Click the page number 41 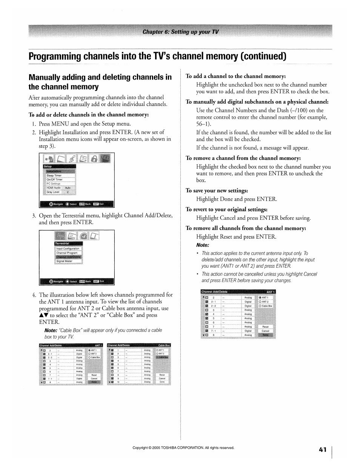pyautogui.click(x=322, y=449)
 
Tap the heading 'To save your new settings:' pyautogui.click(x=217, y=191)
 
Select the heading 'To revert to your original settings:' pyautogui.click(x=226, y=209)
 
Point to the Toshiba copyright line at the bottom pyautogui.click(x=183, y=448)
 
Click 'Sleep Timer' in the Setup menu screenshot pyautogui.click(x=54, y=175)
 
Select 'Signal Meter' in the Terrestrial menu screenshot pyautogui.click(x=64, y=261)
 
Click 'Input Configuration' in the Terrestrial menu pyautogui.click(x=68, y=248)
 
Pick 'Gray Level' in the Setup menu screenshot pyautogui.click(x=53, y=192)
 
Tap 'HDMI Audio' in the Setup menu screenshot pyautogui.click(x=54, y=187)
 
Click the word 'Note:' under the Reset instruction pyautogui.click(x=202, y=245)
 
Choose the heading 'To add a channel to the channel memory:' pyautogui.click(x=235, y=76)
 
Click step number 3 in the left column pyautogui.click(x=34, y=216)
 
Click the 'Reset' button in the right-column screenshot pyautogui.click(x=265, y=327)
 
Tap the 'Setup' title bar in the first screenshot pyautogui.click(x=48, y=166)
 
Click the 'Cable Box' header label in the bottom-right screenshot pyautogui.click(x=164, y=345)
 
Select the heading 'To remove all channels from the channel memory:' pyautogui.click(x=246, y=228)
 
